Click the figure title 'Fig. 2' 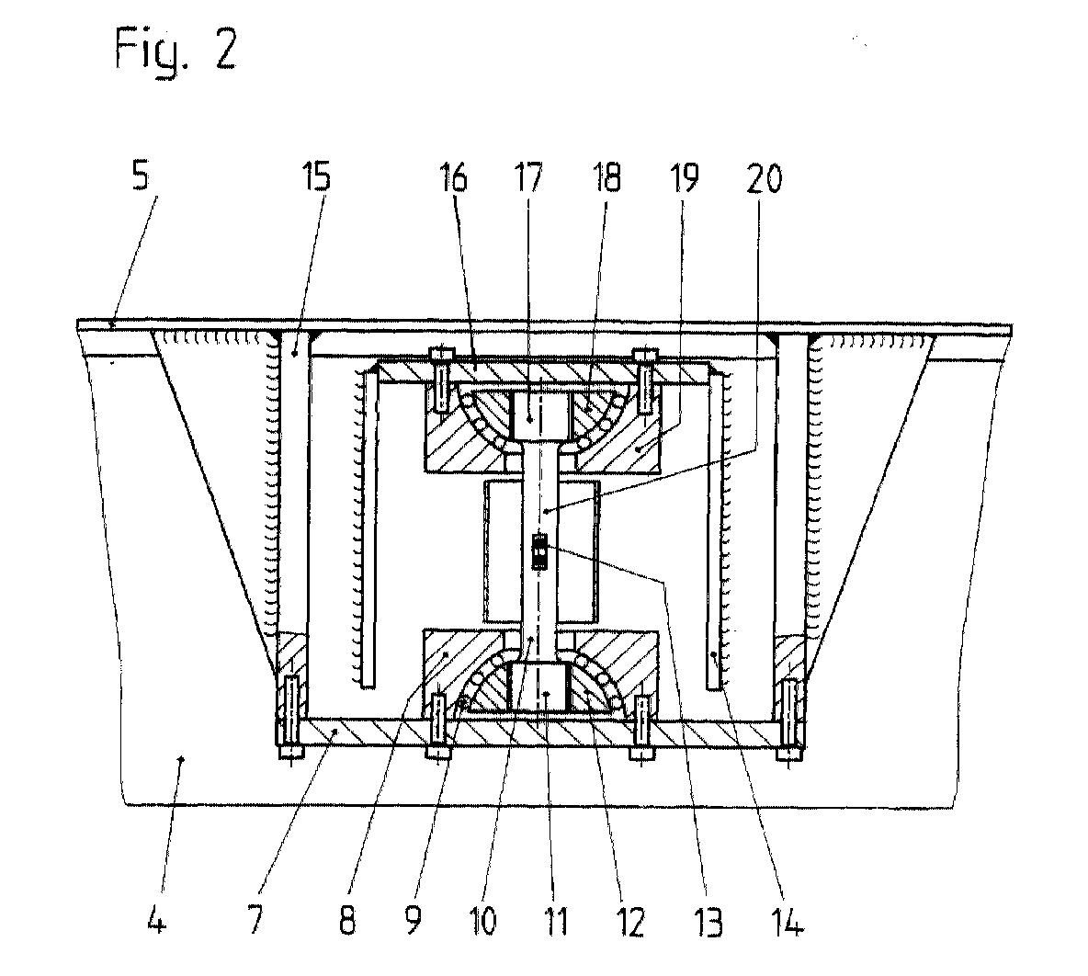tap(176, 49)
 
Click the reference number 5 tap(141, 176)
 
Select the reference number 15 tap(316, 176)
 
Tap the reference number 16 tap(454, 176)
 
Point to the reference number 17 tap(528, 176)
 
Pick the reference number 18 tap(606, 176)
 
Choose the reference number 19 tap(684, 176)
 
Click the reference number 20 tap(764, 176)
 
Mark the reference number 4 tap(157, 921)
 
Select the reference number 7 tap(256, 921)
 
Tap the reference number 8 tap(347, 921)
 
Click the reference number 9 tap(413, 921)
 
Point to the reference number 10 tap(483, 921)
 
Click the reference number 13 tap(708, 921)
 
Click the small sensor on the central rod tap(538, 551)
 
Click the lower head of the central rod tap(539, 686)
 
